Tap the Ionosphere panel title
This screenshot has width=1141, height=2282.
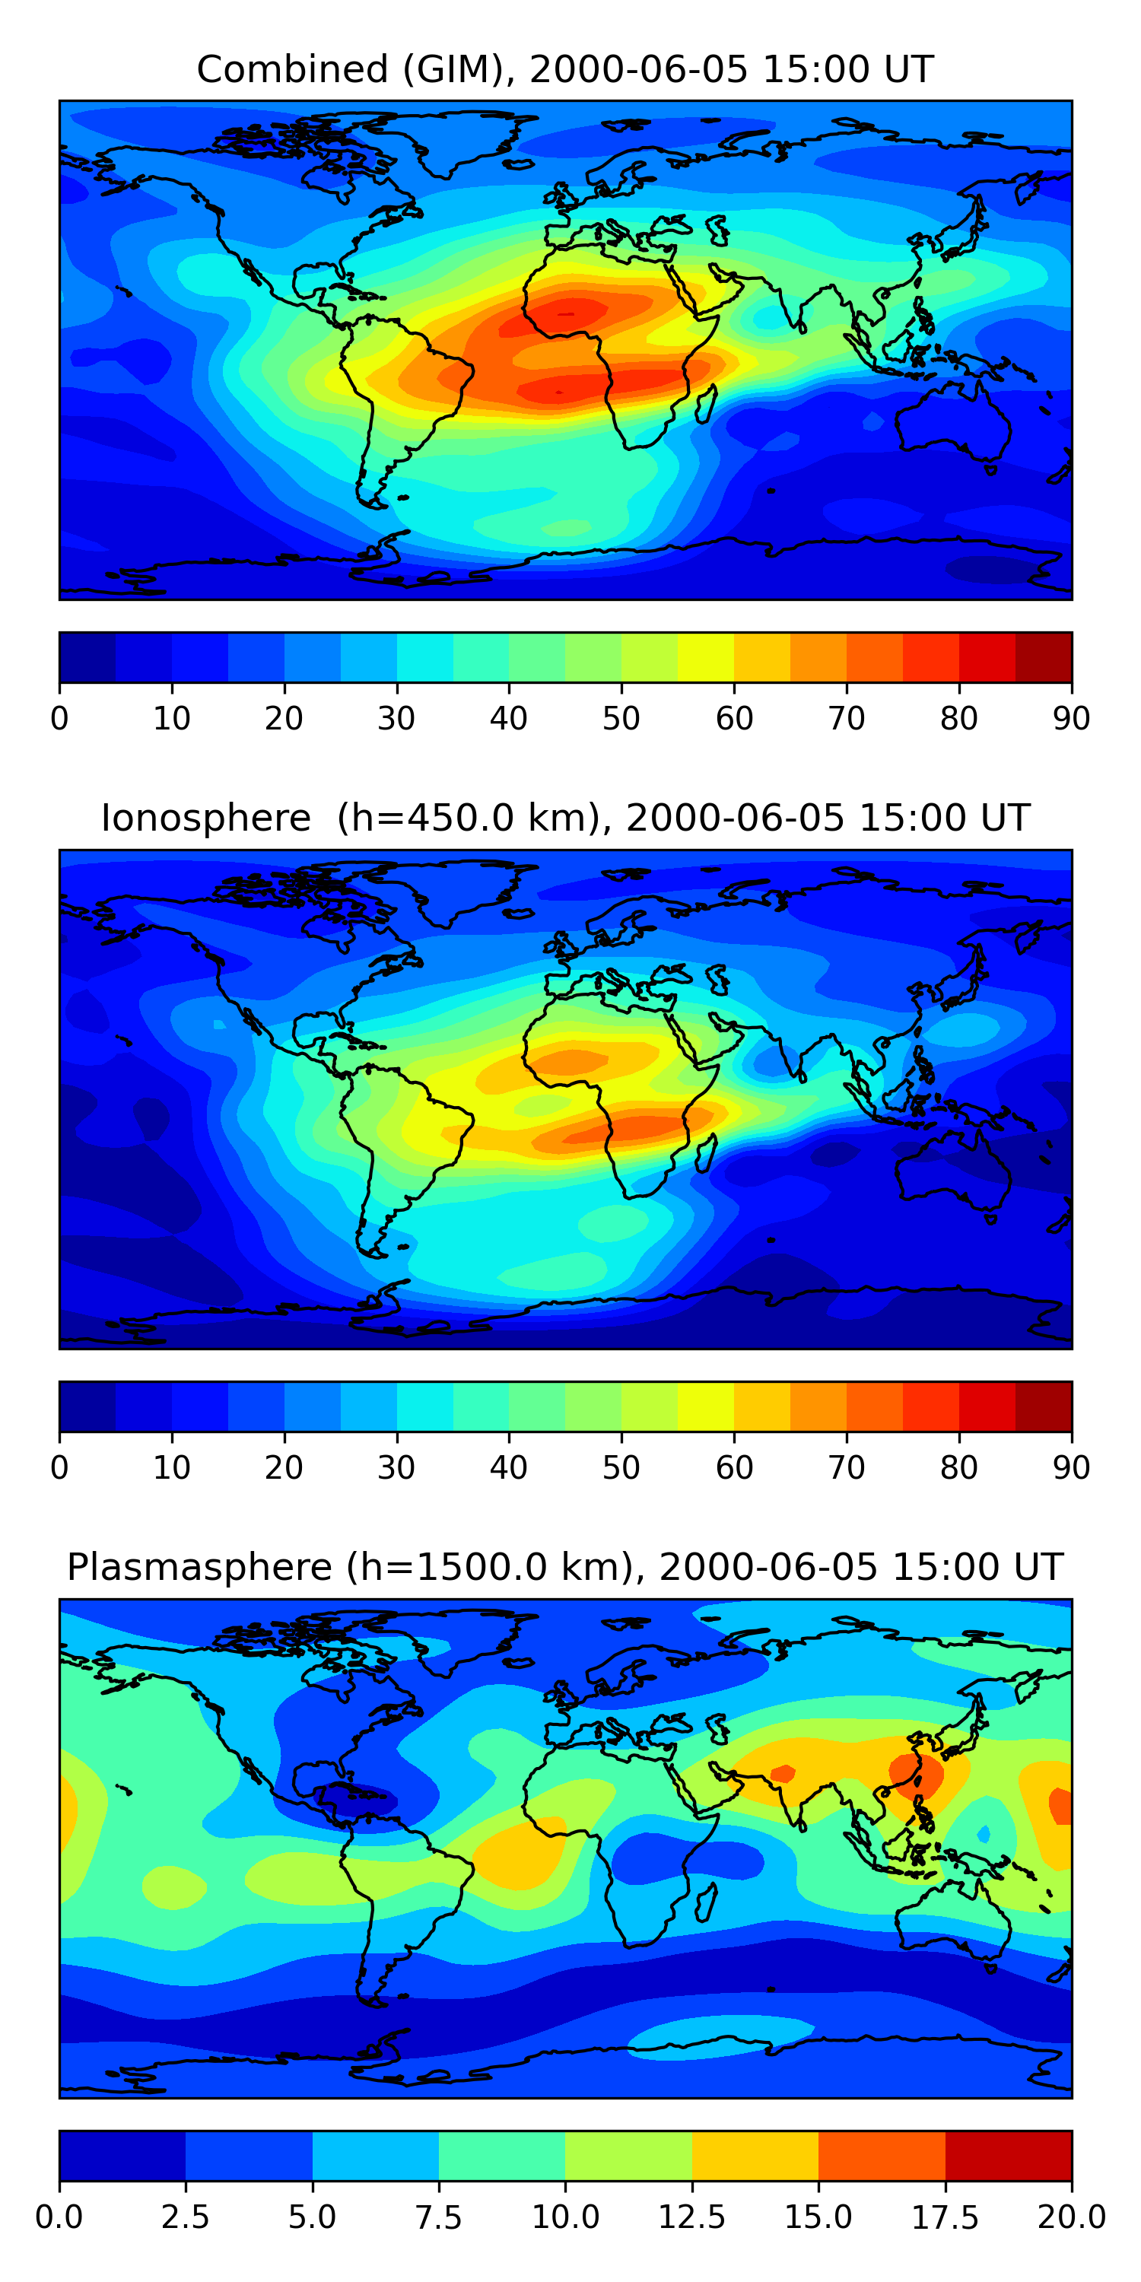[565, 818]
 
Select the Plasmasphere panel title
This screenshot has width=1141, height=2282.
[565, 1567]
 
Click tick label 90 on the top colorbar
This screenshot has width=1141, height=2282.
[1071, 718]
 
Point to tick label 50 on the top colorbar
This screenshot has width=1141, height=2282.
[621, 718]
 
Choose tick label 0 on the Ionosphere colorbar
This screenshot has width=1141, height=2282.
[59, 1468]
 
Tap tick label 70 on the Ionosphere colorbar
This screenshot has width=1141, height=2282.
[846, 1468]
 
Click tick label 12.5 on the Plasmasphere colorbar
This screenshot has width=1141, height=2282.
[692, 2217]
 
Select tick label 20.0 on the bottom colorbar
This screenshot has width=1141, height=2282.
[1071, 2217]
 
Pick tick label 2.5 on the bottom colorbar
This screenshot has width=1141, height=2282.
[185, 2217]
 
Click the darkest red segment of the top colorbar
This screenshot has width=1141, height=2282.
[1044, 657]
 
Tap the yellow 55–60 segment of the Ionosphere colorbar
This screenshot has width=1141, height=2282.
[705, 1406]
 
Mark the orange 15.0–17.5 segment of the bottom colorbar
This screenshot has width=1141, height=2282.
[882, 2155]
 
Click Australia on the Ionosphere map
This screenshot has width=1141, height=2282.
[952, 1169]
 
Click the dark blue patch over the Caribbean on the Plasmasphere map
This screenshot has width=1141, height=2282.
[354, 1798]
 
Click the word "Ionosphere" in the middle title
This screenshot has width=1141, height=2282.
[205, 818]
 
